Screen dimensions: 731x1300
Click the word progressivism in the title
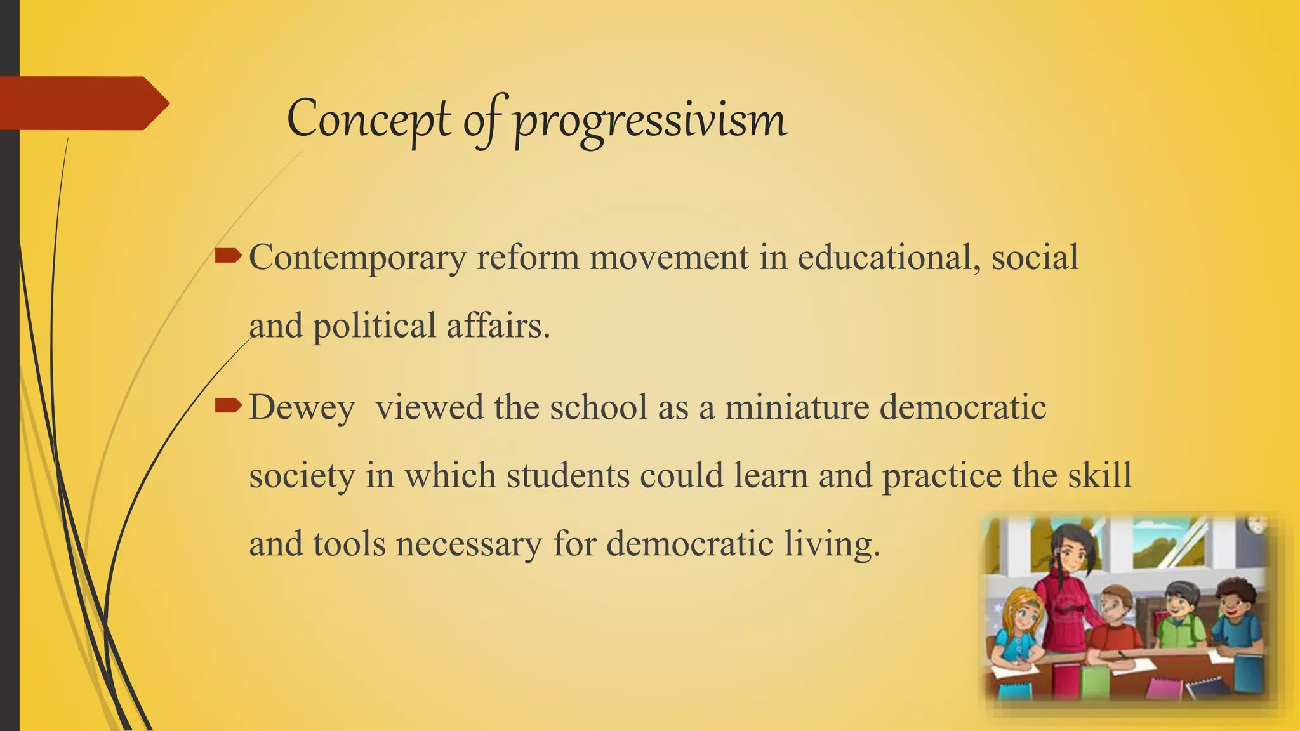coord(650,121)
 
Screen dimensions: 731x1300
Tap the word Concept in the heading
coord(369,119)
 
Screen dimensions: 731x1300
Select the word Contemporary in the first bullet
coord(357,258)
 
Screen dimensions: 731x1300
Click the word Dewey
coord(302,408)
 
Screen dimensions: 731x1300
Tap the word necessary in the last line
coord(469,544)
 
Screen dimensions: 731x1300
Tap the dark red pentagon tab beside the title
coord(83,103)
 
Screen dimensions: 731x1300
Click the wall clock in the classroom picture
coord(1257,525)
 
